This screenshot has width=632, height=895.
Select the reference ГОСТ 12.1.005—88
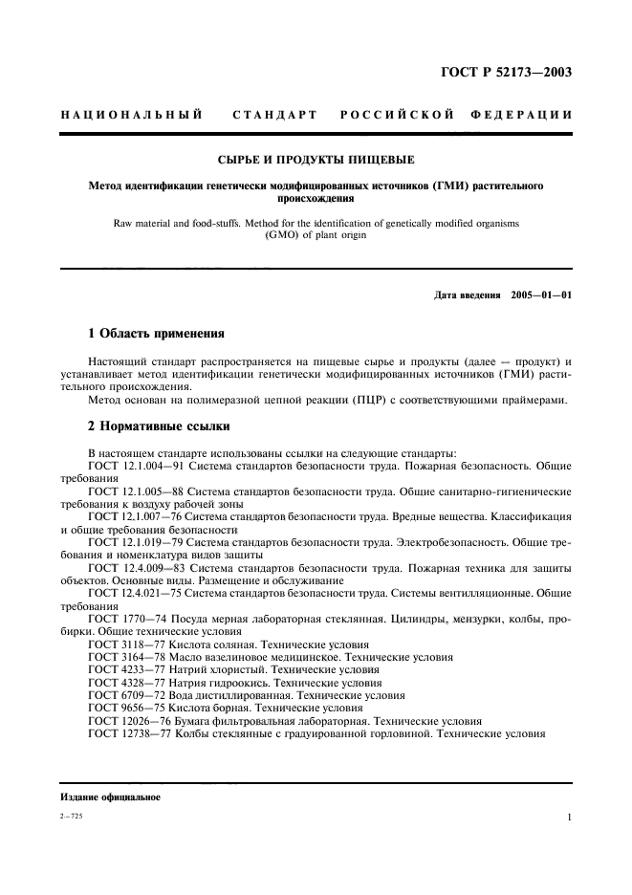(x=136, y=491)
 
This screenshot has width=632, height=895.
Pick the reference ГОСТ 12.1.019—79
(x=136, y=541)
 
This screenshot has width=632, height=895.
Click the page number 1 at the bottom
(x=569, y=818)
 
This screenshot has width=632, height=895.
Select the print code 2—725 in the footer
(x=73, y=818)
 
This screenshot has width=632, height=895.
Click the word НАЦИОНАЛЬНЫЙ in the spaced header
(x=131, y=116)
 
